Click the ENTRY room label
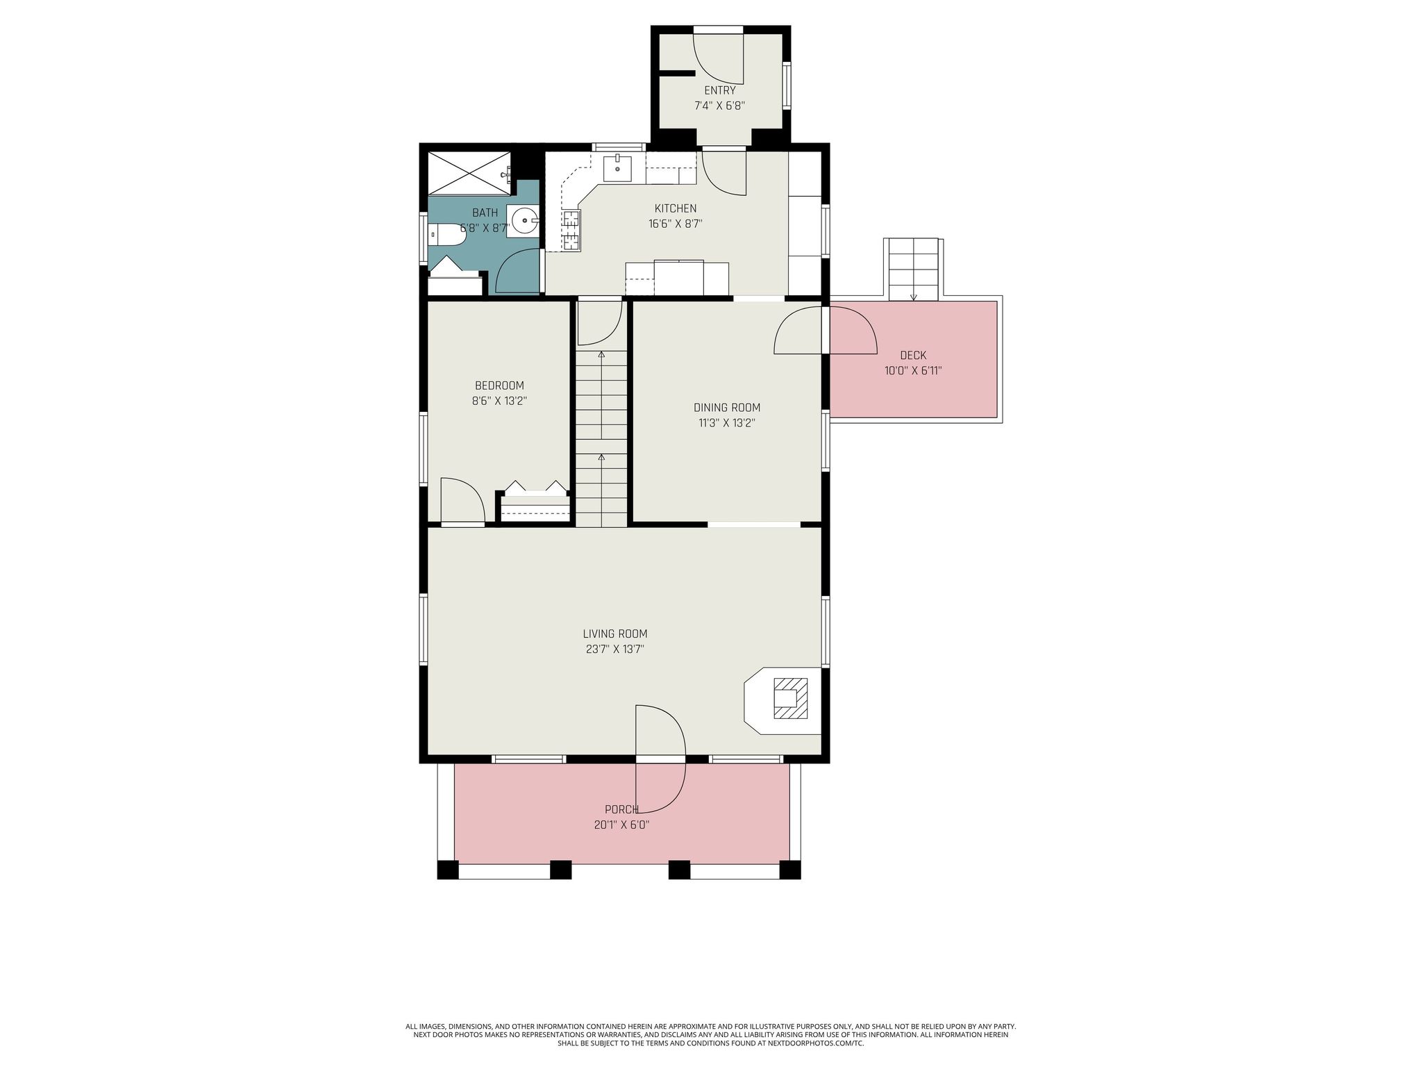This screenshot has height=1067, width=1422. coord(719,90)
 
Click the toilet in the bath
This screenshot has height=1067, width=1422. coord(446,235)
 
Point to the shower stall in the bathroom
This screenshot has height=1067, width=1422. coord(469,172)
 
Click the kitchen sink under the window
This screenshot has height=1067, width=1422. coord(617,167)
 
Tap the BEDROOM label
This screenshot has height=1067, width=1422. coord(499,386)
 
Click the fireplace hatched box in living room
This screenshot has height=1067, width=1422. coord(790,698)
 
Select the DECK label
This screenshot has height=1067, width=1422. coord(912,356)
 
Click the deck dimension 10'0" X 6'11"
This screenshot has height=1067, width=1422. coord(912,371)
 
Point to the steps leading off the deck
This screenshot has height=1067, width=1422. coord(913,269)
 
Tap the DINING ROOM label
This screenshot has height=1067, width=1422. coord(726,408)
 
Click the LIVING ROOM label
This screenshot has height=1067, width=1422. coord(614,634)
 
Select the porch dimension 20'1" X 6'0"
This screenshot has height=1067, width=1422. coord(621,825)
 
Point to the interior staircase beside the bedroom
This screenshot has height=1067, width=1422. coord(601,438)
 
